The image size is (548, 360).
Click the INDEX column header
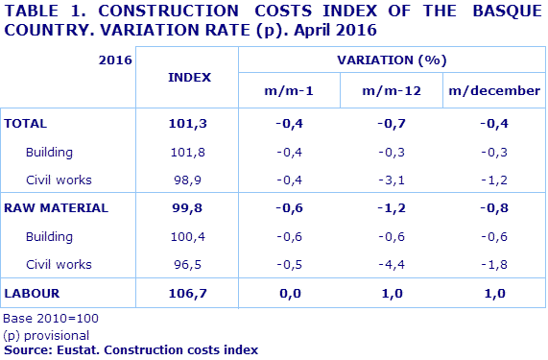[x=188, y=76]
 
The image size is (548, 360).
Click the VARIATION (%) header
[x=393, y=60]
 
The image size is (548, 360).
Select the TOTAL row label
[x=26, y=124]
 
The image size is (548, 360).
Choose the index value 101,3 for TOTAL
[x=188, y=124]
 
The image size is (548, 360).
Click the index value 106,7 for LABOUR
[x=188, y=292]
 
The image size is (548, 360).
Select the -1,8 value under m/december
[x=494, y=264]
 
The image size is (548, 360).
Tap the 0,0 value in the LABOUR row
[x=289, y=292]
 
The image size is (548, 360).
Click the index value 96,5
[x=188, y=264]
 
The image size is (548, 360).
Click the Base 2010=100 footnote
[x=51, y=318]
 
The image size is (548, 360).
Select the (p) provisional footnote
[x=47, y=335]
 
